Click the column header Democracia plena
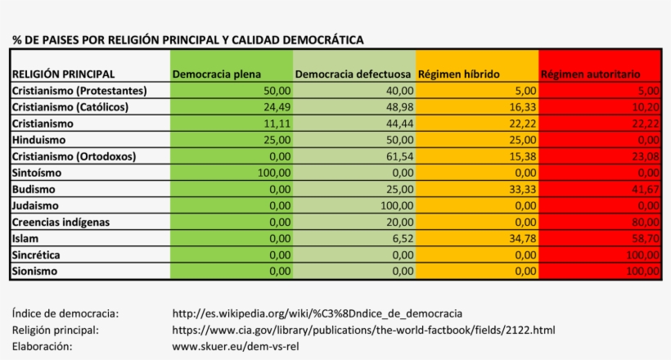click(217, 74)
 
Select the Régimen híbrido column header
click(459, 74)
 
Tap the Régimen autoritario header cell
click(590, 74)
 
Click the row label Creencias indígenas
click(61, 222)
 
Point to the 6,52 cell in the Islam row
click(402, 238)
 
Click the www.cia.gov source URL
click(363, 330)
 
